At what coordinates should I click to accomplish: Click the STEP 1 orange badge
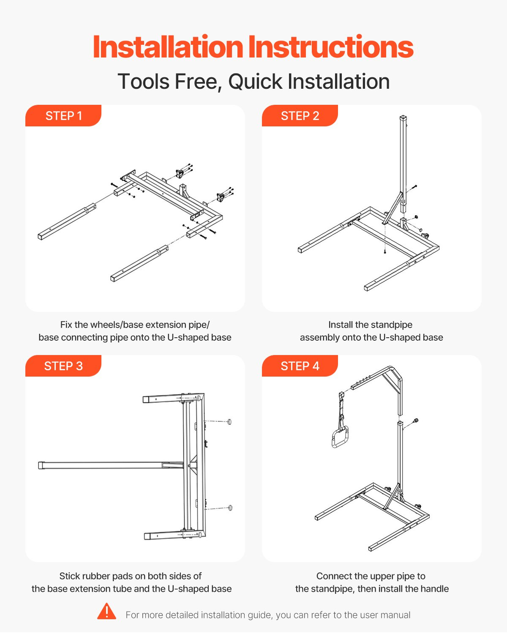tap(63, 115)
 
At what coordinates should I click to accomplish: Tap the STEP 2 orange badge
tap(300, 115)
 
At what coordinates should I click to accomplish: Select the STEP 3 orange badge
tap(63, 366)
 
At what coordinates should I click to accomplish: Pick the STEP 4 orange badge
tap(300, 366)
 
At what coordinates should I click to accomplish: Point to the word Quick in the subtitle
tap(255, 81)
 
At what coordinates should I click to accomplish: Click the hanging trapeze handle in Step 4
tap(340, 438)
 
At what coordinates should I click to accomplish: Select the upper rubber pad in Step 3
tap(229, 421)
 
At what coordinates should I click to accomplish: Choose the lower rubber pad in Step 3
tap(230, 508)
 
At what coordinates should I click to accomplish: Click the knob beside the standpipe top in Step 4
tap(416, 420)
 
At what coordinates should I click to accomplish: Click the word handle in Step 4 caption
tap(434, 589)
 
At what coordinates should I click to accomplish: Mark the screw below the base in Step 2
tap(384, 251)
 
